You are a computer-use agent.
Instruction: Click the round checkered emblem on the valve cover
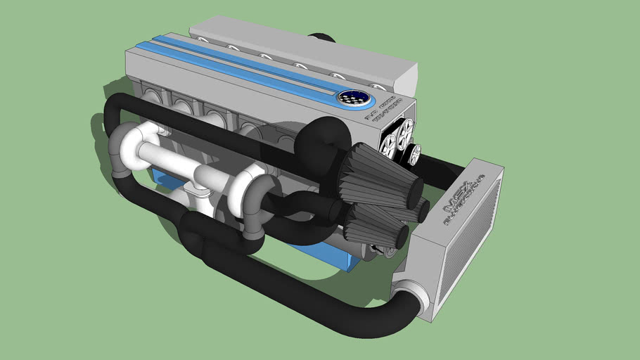point(349,98)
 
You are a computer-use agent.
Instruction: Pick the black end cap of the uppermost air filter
point(413,189)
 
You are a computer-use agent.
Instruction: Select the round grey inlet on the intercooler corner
point(406,300)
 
